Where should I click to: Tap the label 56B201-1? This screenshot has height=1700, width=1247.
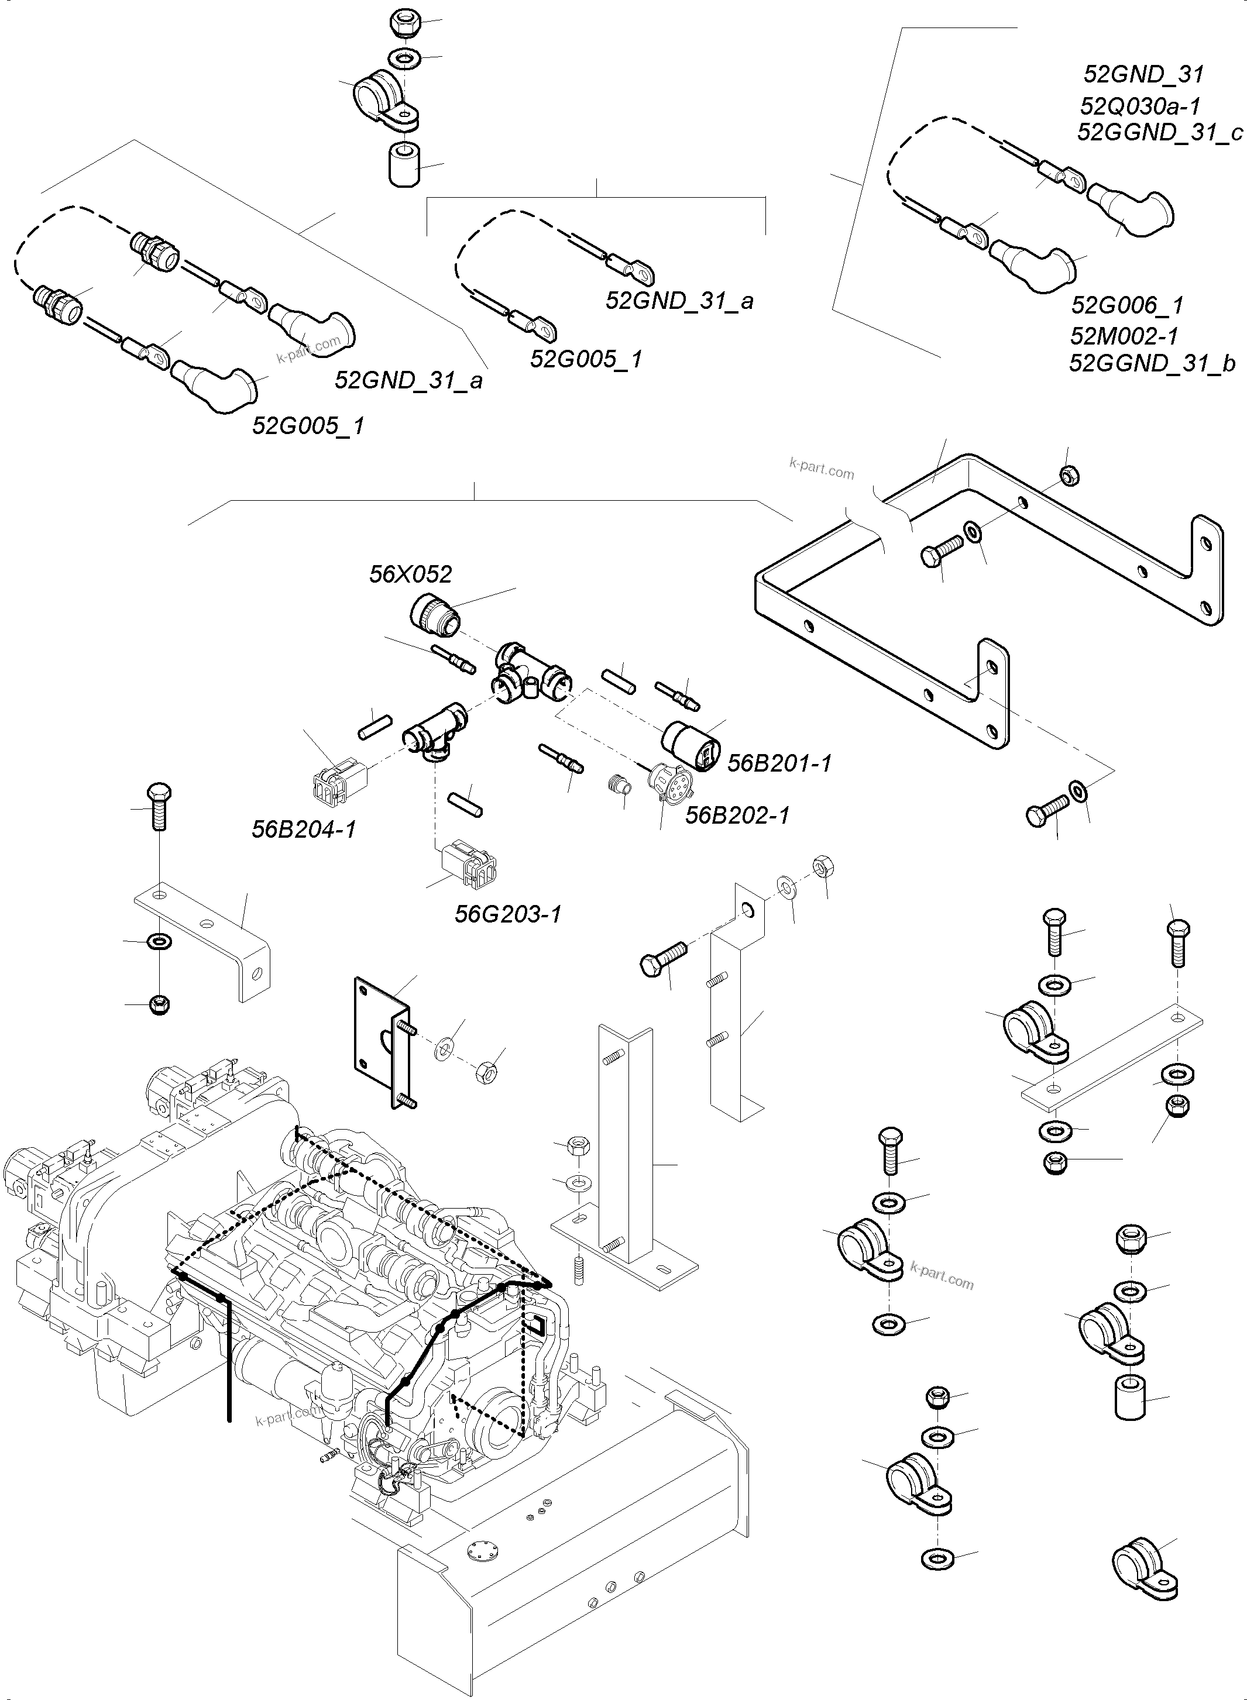click(x=779, y=763)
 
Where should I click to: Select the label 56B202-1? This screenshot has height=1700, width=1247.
click(x=737, y=815)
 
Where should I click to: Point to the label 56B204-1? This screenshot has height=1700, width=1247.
click(x=304, y=830)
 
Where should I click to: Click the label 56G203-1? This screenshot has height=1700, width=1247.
click(x=508, y=914)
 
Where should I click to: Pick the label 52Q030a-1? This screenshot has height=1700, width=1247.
click(x=1140, y=106)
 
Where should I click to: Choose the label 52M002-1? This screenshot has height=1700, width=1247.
click(x=1124, y=335)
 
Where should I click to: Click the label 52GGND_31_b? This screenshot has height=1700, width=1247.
click(x=1152, y=364)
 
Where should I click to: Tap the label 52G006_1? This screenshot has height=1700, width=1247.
click(x=1127, y=305)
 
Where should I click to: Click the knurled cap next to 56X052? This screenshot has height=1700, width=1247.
click(x=435, y=611)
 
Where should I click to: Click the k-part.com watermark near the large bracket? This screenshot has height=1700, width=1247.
click(x=821, y=471)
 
